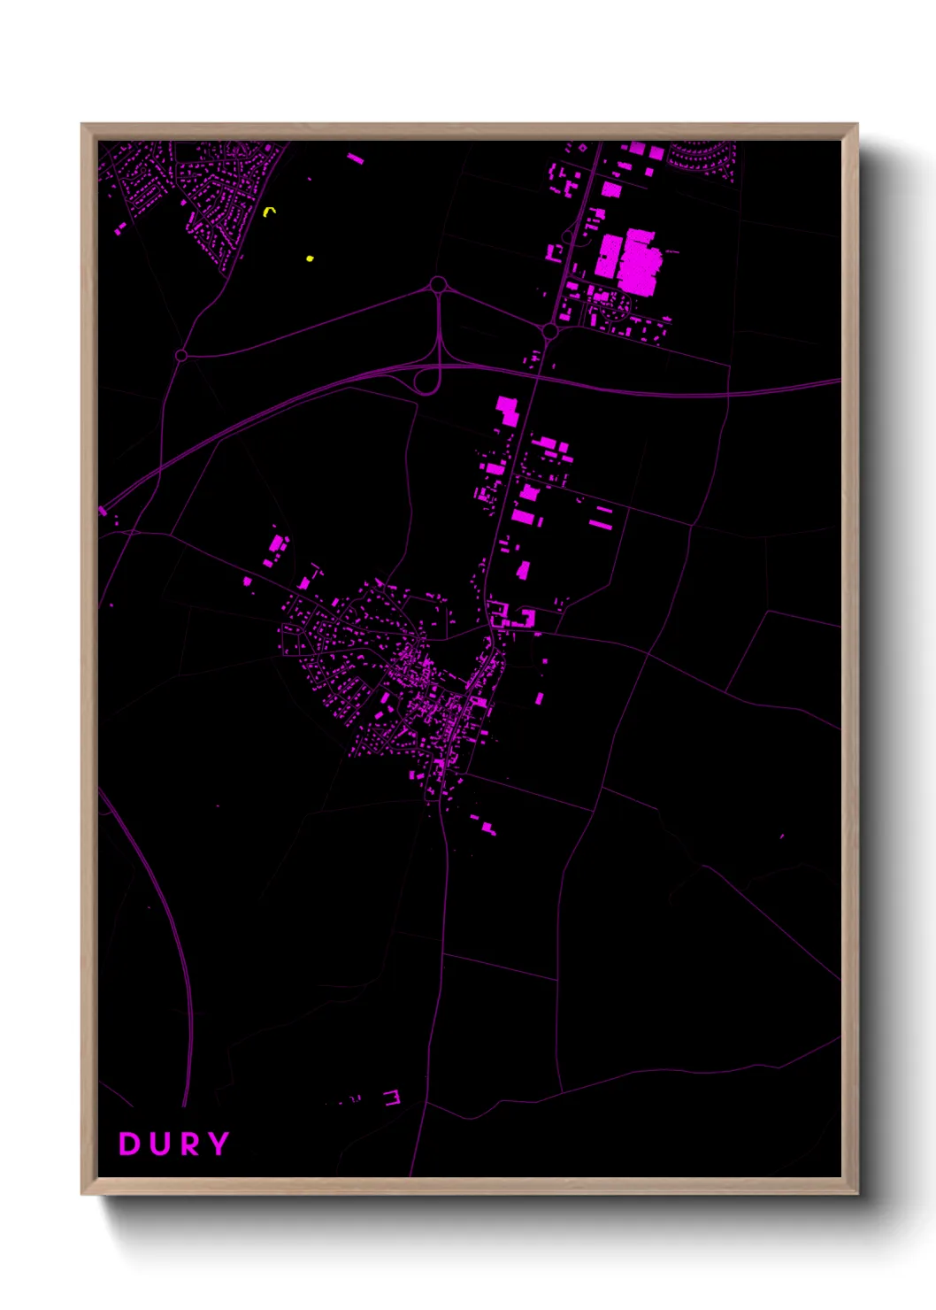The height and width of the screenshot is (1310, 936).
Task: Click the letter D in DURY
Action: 129,1144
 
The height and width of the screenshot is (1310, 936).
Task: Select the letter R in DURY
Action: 188,1144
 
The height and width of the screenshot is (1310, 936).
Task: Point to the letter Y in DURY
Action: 218,1144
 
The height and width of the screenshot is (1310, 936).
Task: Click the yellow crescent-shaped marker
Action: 270,211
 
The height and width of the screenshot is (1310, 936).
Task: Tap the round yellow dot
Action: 310,258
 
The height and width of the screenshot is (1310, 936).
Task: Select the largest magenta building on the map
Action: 639,261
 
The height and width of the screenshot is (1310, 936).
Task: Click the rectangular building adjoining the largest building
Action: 608,256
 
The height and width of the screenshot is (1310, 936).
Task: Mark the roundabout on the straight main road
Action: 549,332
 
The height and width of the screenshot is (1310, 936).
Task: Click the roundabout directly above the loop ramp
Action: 437,285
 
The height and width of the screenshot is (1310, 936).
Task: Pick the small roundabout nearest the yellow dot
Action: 181,355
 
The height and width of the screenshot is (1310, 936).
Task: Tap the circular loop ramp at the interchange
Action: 427,380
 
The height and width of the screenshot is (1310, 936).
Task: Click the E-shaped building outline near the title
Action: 392,1098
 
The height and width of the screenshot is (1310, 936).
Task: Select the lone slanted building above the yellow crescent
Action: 356,158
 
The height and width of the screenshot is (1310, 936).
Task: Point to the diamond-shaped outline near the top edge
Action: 582,148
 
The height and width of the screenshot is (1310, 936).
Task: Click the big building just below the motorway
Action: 507,409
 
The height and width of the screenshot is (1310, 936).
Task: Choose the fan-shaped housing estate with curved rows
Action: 701,158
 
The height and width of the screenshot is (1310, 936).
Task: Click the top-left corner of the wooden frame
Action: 82,125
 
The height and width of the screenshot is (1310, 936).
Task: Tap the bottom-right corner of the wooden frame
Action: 856,1193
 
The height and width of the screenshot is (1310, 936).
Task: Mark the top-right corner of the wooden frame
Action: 856,125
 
